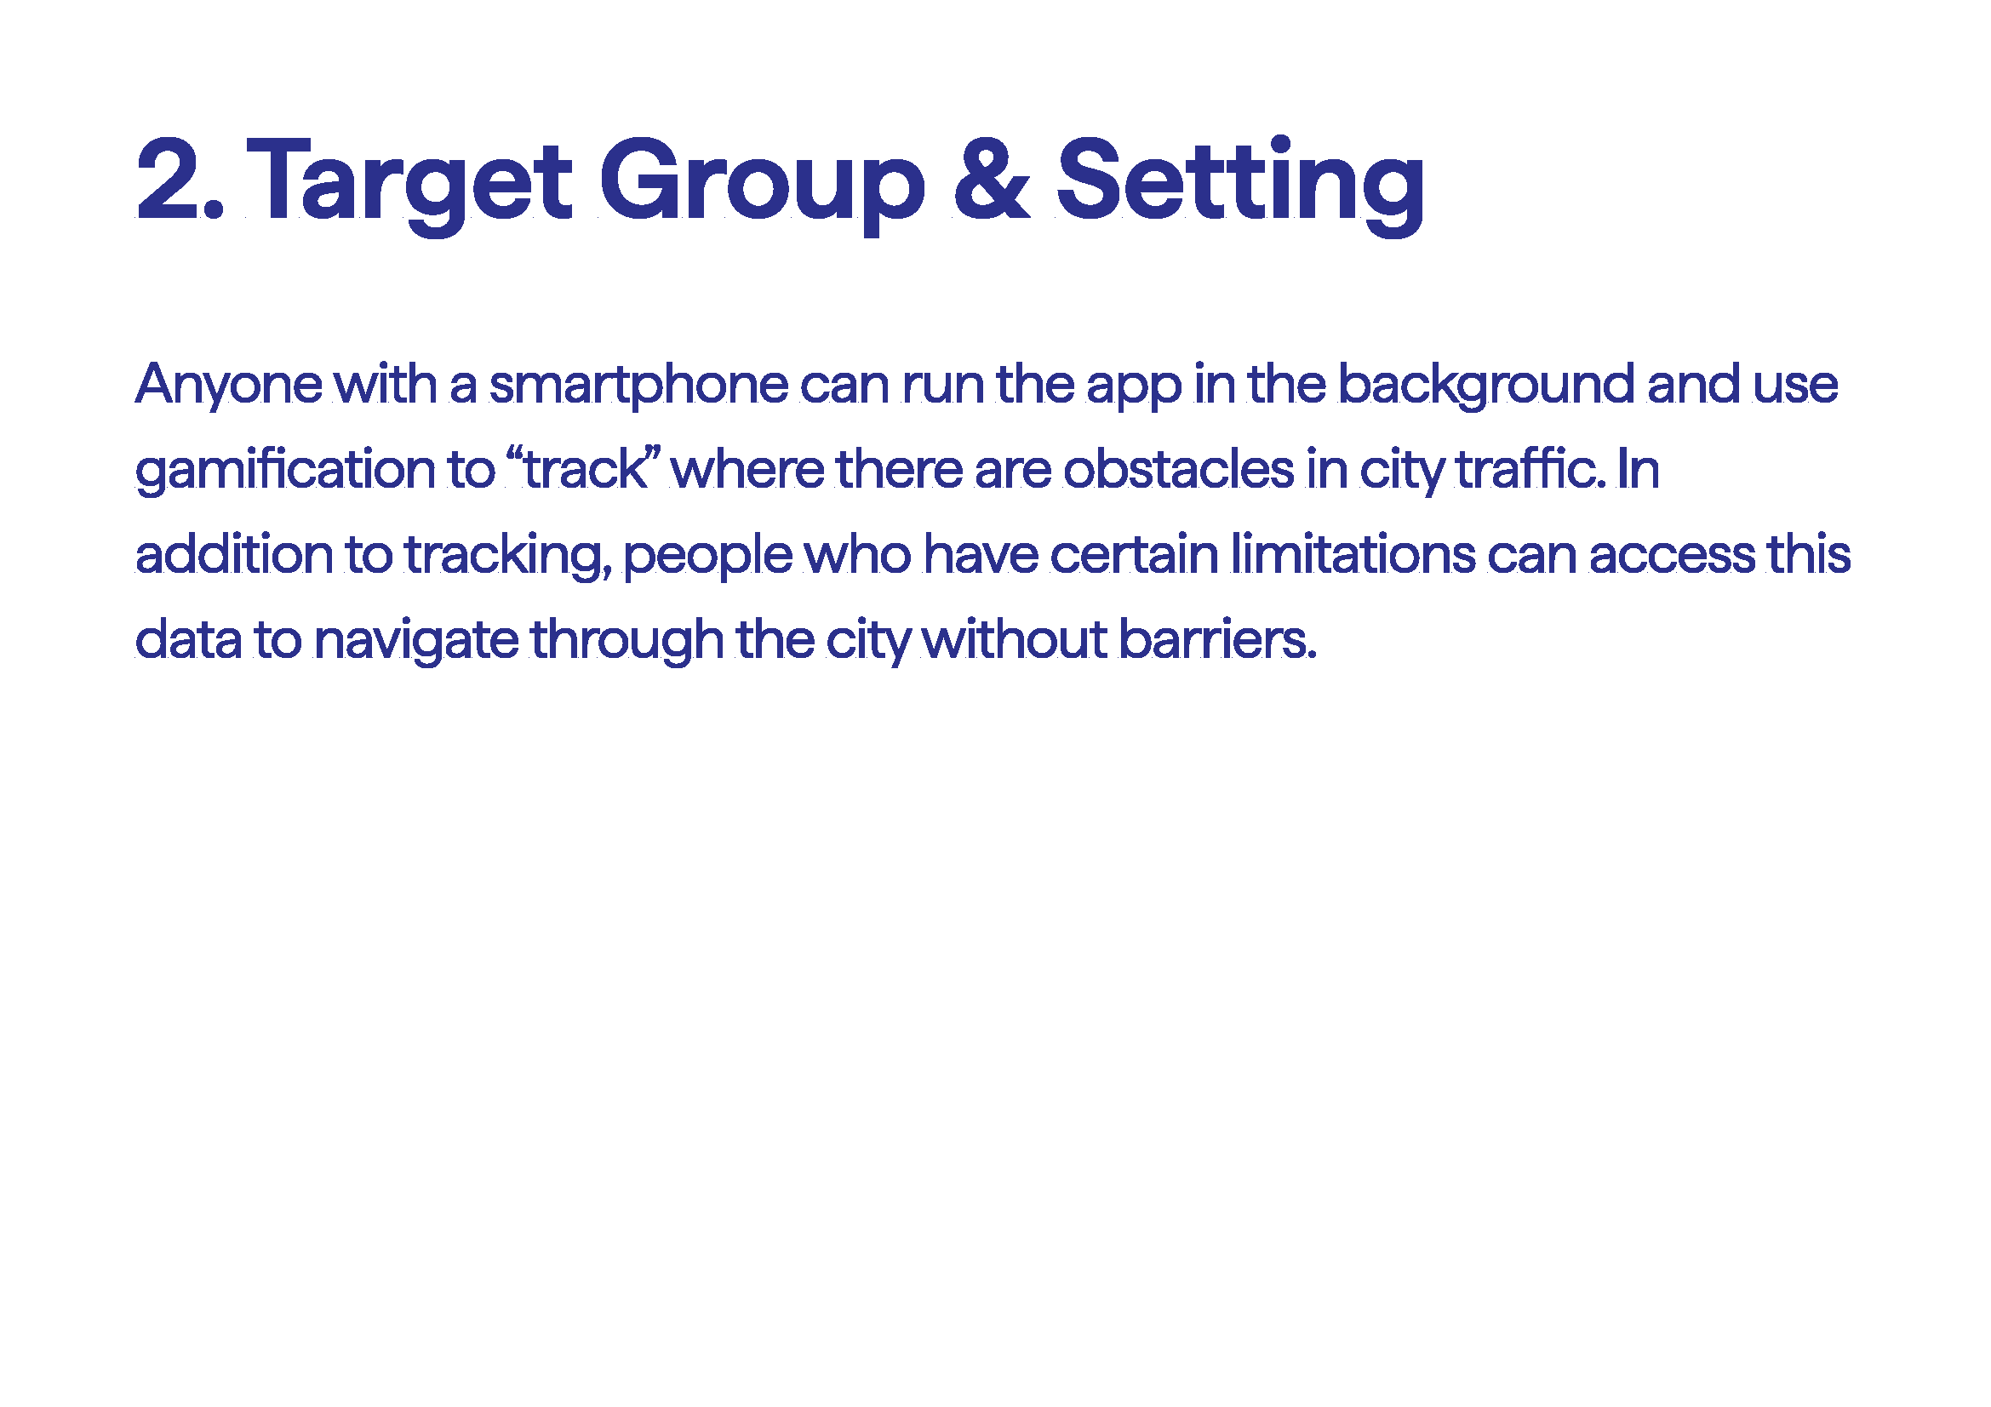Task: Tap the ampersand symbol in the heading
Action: pos(991,179)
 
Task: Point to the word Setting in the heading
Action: pos(1241,185)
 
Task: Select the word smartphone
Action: pos(639,385)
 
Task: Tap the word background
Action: pos(1486,385)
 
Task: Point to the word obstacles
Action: pos(1179,469)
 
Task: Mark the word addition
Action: pos(234,554)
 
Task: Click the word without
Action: pos(1015,639)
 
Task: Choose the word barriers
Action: pos(1217,639)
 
